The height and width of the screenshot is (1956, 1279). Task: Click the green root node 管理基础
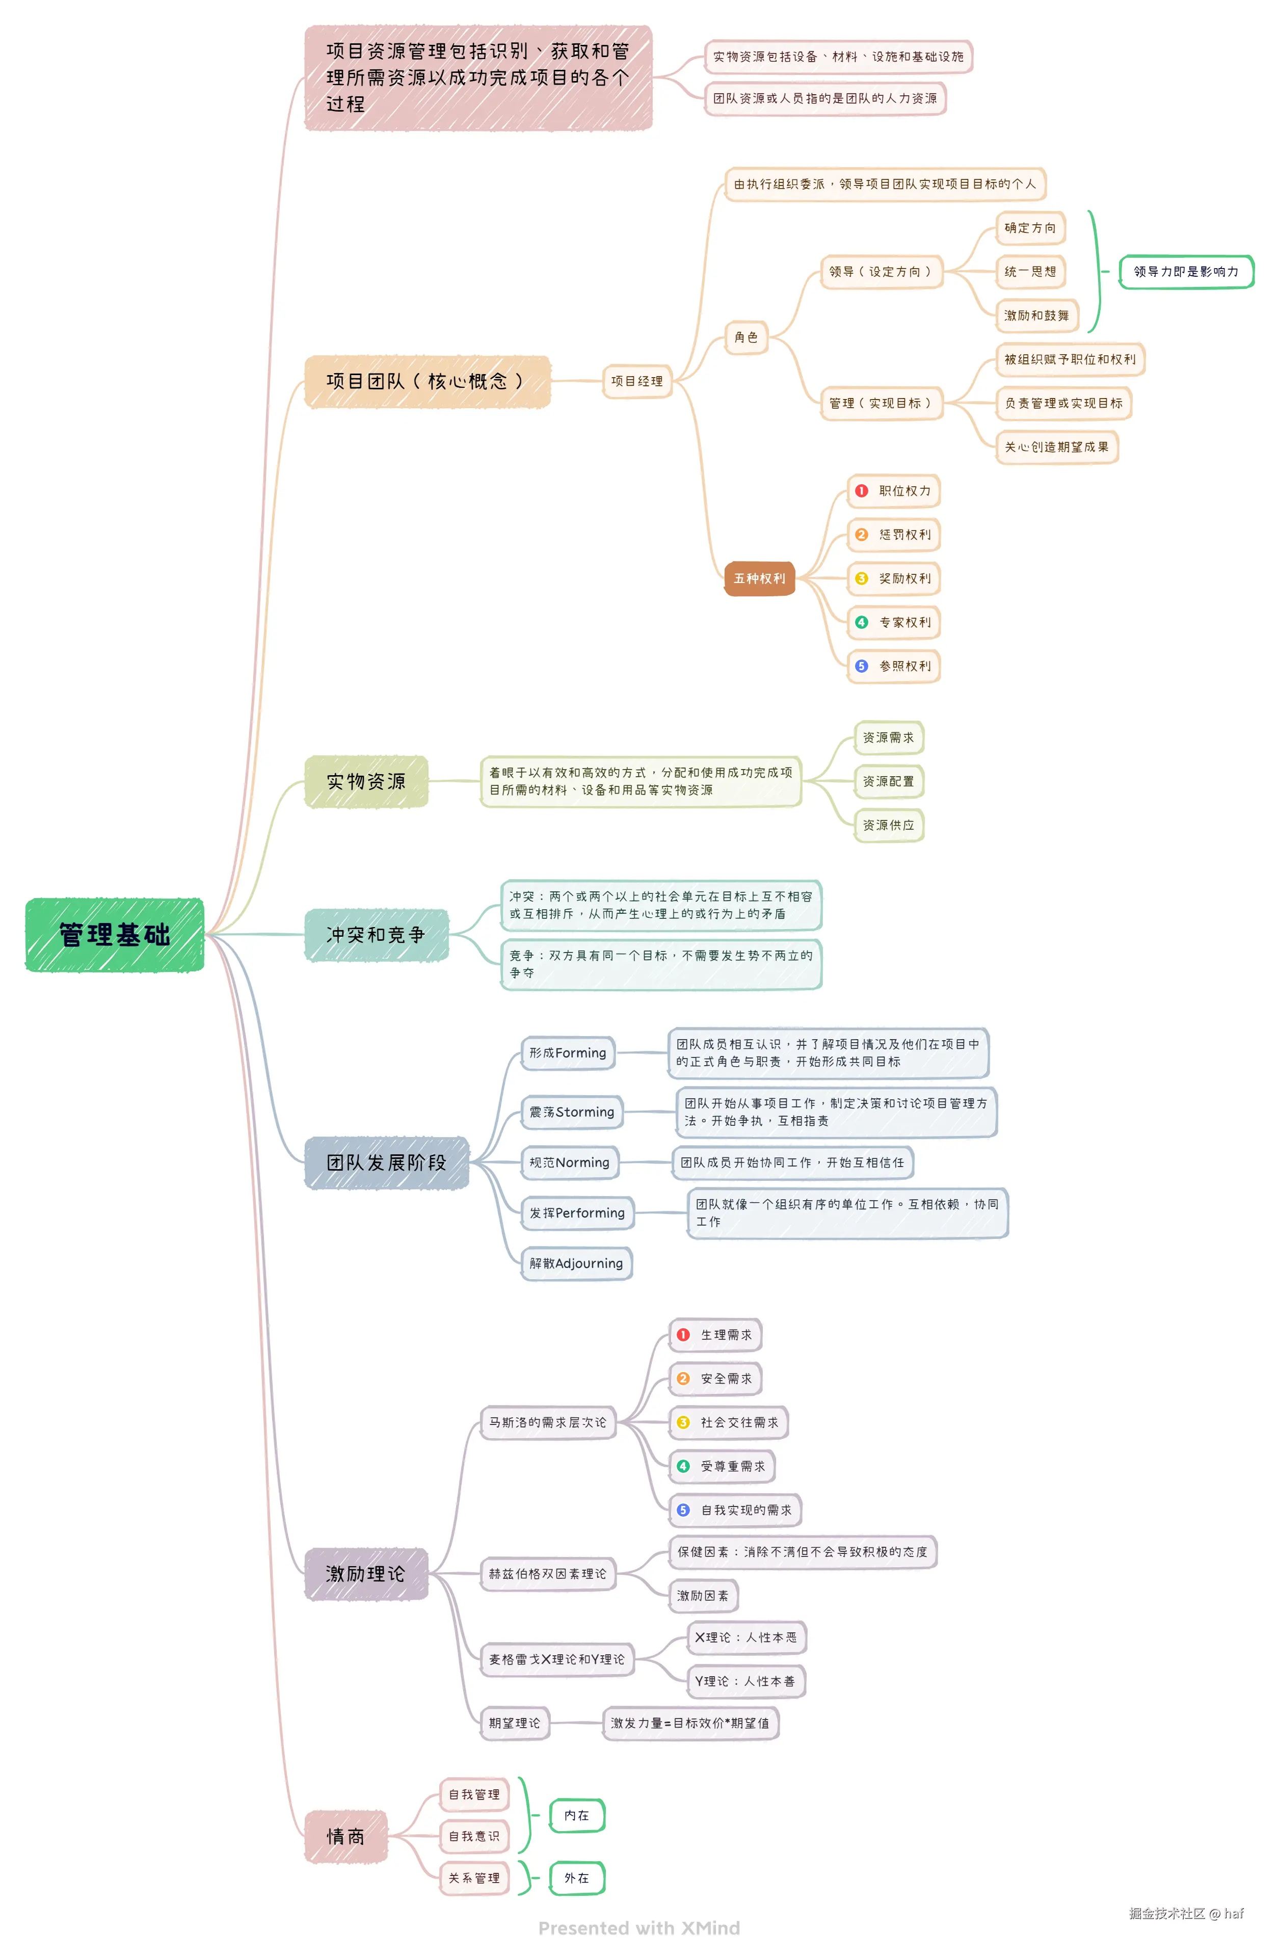coord(114,935)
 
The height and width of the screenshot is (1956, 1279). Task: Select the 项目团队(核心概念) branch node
coord(426,381)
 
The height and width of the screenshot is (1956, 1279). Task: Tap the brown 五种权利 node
coord(759,578)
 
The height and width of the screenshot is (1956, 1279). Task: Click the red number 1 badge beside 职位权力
coord(861,491)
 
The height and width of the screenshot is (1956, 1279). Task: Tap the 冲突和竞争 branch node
coord(376,935)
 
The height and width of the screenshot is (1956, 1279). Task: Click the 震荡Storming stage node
coord(571,1112)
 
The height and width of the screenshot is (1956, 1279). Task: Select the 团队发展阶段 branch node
coord(386,1162)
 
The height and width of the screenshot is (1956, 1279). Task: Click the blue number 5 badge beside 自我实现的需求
coord(683,1510)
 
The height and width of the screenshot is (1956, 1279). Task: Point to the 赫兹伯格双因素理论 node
coord(547,1573)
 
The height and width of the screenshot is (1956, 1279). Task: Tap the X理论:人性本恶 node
coord(745,1637)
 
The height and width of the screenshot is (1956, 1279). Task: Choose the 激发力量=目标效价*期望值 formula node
coord(689,1723)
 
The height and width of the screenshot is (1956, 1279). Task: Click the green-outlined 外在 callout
coord(576,1878)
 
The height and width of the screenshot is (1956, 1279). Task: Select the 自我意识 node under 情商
coord(473,1836)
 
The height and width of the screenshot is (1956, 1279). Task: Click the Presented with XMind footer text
coord(638,1928)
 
